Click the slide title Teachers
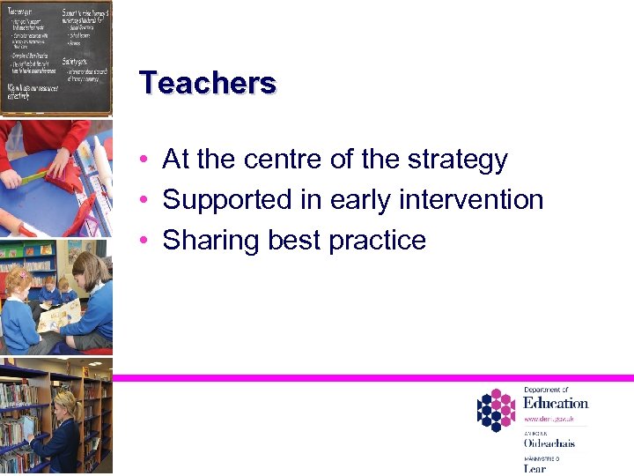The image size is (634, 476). coord(208,83)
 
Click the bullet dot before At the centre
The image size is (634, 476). coord(144,160)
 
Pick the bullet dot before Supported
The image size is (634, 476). coord(144,201)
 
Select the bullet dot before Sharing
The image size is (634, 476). coord(144,241)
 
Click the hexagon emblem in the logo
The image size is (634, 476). coord(495,410)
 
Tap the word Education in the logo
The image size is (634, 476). coord(556,404)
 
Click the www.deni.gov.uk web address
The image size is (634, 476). coord(549,420)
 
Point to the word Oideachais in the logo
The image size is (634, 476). coord(549,443)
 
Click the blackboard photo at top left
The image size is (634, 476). coord(56,57)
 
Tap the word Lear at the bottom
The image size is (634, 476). coord(534,468)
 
